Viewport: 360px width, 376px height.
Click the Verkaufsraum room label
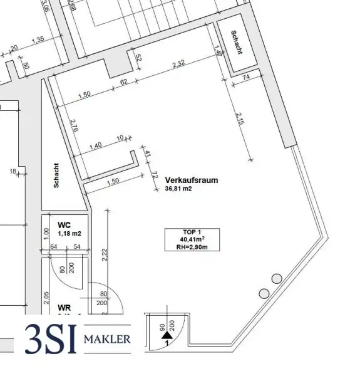coord(192,179)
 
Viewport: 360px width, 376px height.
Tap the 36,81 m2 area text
coord(179,188)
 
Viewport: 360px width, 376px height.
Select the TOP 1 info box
coord(186,239)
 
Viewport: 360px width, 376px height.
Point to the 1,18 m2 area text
coord(69,233)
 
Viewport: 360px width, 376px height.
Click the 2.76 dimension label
coord(74,127)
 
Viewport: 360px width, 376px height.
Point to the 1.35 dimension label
coord(38,39)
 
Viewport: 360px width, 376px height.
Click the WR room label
coord(64,308)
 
